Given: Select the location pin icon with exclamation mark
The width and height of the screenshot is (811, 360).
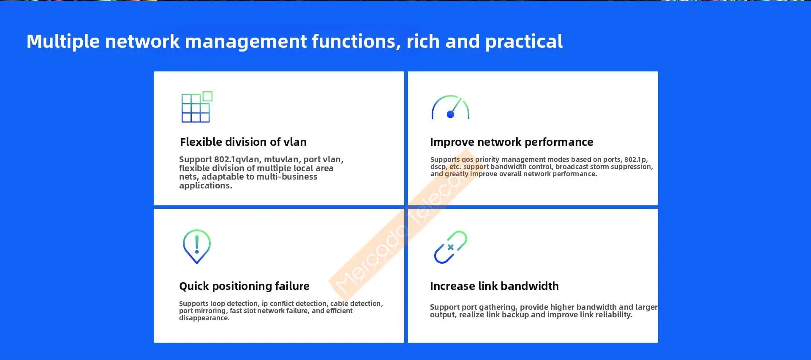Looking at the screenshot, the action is pos(197,246).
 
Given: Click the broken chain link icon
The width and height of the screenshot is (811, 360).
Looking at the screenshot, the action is pos(451,247).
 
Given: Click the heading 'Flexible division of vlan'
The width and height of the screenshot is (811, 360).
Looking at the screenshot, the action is pos(243,142).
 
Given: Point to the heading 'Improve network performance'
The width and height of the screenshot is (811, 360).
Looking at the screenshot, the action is pos(512,142).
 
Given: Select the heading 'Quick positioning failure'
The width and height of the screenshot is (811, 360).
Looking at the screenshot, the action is pos(244,286).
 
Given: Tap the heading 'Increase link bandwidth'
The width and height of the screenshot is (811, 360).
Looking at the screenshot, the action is pos(494,286).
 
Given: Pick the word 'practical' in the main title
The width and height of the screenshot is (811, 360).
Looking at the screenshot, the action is pos(524,42).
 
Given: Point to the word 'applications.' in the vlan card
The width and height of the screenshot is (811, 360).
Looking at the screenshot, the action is pos(206,186).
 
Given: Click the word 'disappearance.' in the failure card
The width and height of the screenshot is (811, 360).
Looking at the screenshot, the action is pos(204,318).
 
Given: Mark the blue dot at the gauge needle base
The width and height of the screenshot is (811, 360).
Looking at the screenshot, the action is pos(450,114).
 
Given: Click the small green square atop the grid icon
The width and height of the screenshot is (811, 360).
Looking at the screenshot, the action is pos(207,96).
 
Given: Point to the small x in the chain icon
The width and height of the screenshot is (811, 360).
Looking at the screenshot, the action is pos(451,247).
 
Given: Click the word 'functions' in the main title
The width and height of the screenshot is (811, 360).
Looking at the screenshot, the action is pos(354,42).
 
